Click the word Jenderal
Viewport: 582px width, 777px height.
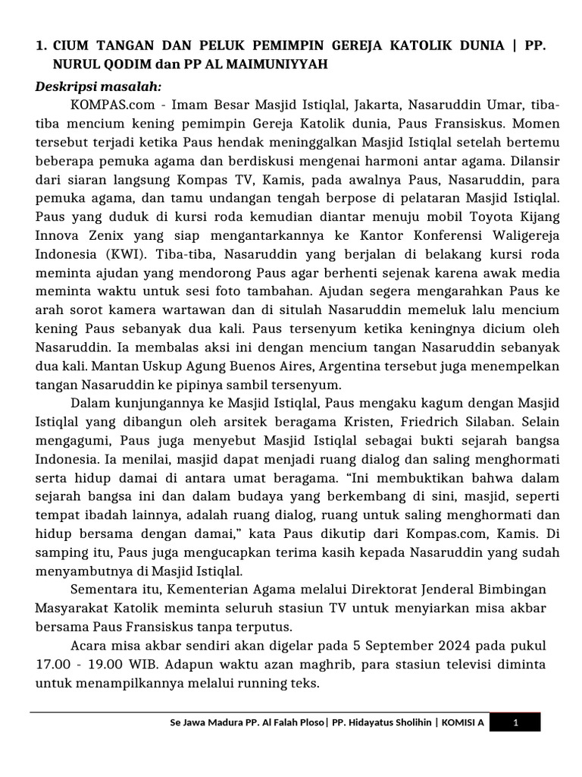[434, 589]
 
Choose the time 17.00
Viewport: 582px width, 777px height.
[53, 664]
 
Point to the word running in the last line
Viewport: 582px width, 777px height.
[242, 682]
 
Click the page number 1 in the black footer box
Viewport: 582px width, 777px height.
[515, 723]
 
